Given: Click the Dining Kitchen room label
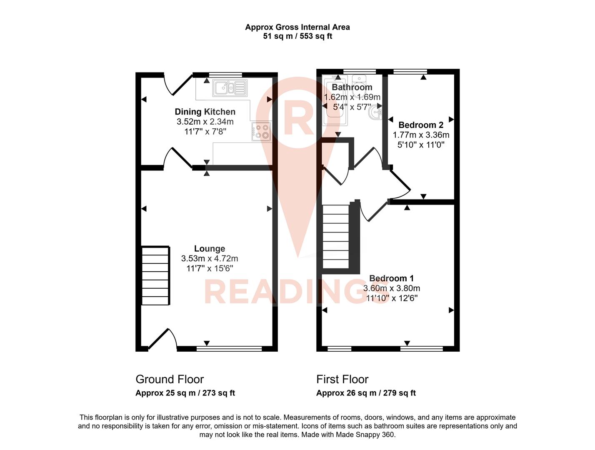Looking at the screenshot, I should click(x=205, y=112).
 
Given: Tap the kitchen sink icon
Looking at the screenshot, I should click(x=230, y=88).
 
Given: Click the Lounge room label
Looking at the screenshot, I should click(x=210, y=249).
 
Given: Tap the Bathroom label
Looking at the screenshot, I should click(x=352, y=87).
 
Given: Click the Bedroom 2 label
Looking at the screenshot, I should click(x=421, y=125).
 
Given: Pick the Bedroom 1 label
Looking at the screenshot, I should click(x=391, y=278).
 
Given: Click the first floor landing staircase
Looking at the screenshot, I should click(x=336, y=236).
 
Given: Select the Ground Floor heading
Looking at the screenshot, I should click(x=170, y=379).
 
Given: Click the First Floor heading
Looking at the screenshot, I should click(x=342, y=379).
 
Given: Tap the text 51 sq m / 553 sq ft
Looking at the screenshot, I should click(x=297, y=36).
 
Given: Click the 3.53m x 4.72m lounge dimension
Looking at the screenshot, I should click(x=210, y=259).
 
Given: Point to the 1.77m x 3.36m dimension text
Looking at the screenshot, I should click(x=421, y=135).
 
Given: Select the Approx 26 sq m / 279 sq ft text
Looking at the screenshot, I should click(x=366, y=393).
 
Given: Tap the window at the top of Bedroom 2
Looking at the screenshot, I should click(x=410, y=72).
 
